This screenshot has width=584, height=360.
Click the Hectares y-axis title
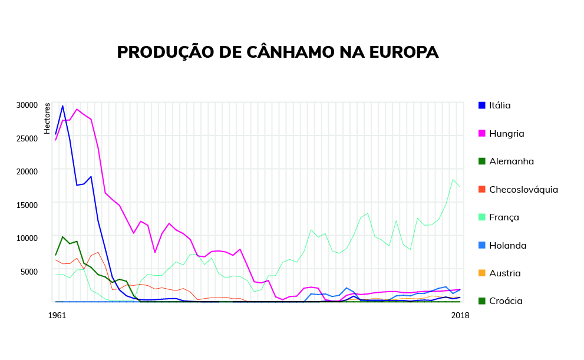click(x=47, y=118)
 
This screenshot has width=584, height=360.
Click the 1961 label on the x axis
click(x=57, y=315)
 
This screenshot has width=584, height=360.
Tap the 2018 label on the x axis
click(x=460, y=315)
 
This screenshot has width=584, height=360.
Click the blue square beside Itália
click(x=481, y=105)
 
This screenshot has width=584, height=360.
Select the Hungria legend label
click(x=506, y=133)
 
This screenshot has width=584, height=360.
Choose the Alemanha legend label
click(x=511, y=161)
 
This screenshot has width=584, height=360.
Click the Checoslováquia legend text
click(x=523, y=189)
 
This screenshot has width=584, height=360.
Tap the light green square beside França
click(x=481, y=217)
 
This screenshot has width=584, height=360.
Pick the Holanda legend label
click(x=507, y=245)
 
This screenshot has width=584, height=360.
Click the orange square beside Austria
click(x=481, y=273)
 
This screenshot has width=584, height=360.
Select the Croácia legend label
click(x=506, y=300)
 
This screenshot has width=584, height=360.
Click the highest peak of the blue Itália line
click(x=62, y=106)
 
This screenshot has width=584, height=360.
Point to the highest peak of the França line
click(x=453, y=179)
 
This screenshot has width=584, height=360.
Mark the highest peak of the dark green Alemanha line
click(x=62, y=237)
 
